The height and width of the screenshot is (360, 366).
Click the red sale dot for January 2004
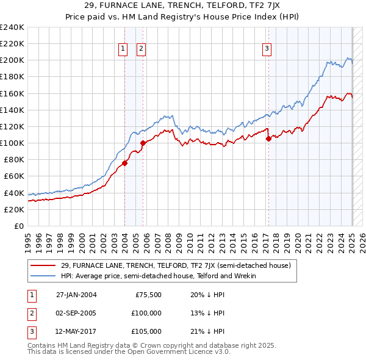coord(125,163)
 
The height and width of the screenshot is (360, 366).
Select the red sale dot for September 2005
coord(143,143)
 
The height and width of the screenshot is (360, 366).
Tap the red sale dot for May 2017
coord(268,139)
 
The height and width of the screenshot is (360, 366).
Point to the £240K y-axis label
coord(12,27)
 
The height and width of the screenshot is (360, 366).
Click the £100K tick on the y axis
coord(12,143)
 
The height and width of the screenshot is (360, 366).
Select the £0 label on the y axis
coord(18,226)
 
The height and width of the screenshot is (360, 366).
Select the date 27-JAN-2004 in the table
coord(76,294)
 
